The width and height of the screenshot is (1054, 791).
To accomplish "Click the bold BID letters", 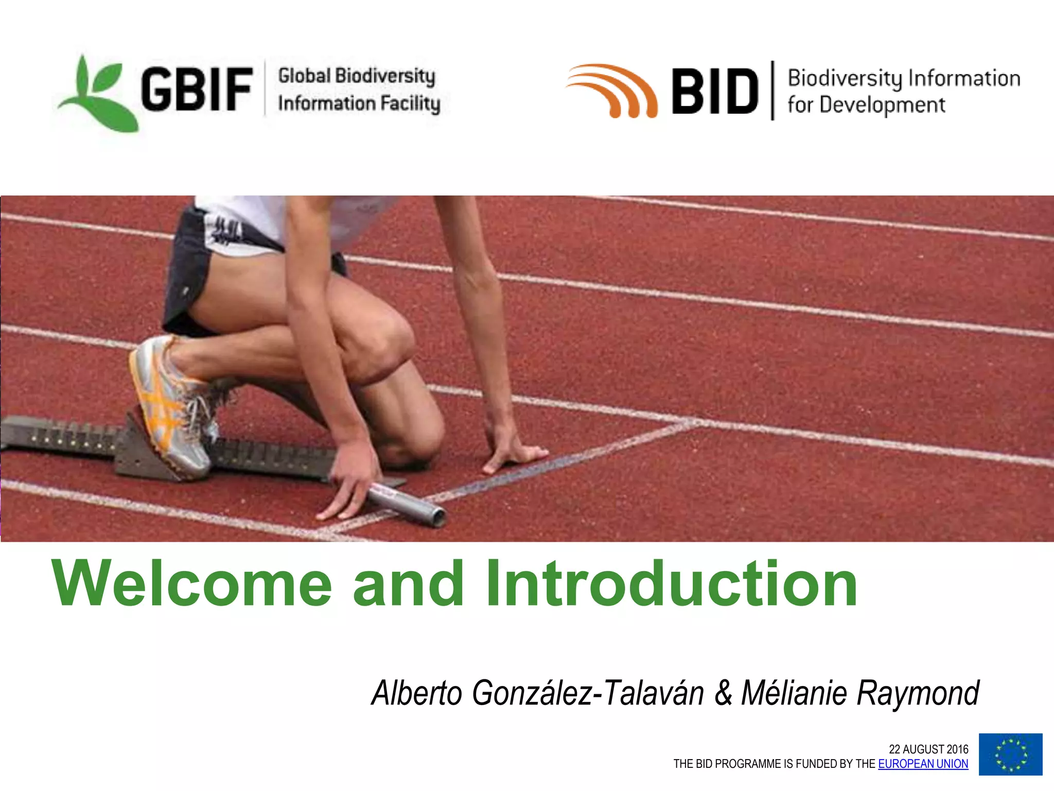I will (x=715, y=91).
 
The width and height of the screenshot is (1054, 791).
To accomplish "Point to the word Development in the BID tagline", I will (x=882, y=105).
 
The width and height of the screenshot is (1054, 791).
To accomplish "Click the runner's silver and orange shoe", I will (x=170, y=407).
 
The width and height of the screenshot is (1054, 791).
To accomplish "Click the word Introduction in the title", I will (x=672, y=584).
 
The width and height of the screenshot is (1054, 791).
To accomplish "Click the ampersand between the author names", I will (x=723, y=693).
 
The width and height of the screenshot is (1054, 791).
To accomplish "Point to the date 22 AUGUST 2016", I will (x=928, y=749).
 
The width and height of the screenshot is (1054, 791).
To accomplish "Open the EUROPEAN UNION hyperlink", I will (x=923, y=764).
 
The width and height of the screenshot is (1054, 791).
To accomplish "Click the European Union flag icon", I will (x=1010, y=754).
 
